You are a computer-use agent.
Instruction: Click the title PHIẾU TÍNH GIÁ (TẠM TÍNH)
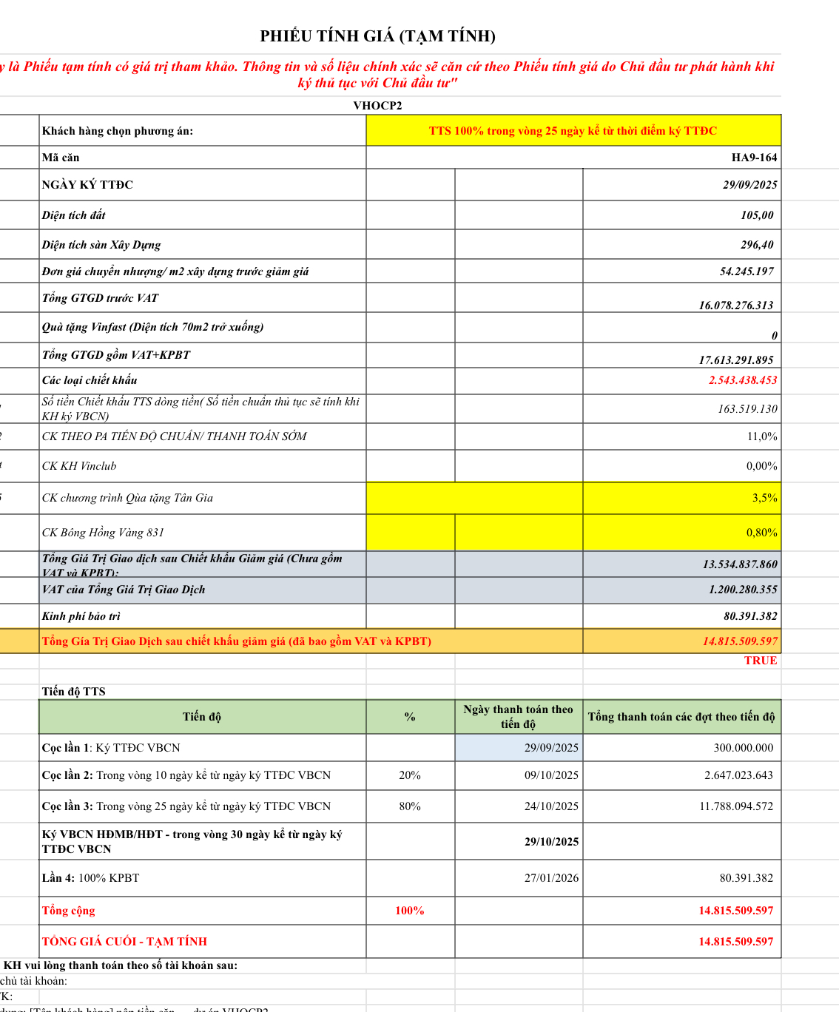(377, 36)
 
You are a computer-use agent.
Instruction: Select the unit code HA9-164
(754, 158)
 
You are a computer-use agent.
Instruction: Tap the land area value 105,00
(757, 215)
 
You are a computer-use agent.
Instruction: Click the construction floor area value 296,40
(757, 245)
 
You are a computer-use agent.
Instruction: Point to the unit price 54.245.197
(747, 271)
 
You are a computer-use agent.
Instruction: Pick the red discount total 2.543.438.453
(743, 380)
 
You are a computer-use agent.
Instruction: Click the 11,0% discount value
(761, 436)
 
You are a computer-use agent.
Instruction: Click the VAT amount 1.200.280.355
(743, 590)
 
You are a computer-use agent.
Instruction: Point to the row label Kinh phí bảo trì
(81, 616)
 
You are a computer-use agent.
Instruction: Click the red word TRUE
(761, 661)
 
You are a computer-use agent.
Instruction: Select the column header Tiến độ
(202, 717)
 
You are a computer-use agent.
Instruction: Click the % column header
(410, 717)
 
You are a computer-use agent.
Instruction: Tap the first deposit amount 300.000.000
(743, 748)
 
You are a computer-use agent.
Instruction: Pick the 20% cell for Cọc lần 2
(410, 775)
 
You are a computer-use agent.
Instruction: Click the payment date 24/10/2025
(551, 806)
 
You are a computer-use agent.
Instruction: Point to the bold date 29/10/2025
(551, 842)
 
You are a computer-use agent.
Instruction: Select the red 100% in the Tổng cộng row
(410, 911)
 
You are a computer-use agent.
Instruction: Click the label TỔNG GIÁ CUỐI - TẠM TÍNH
(124, 942)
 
